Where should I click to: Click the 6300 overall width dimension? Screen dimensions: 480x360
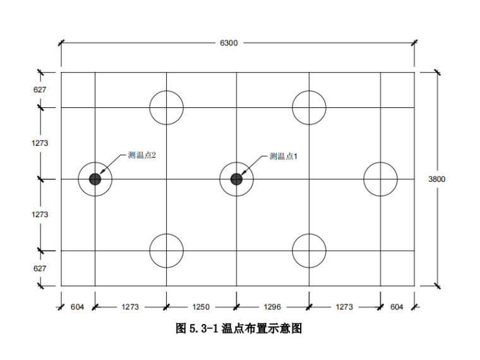click(x=229, y=43)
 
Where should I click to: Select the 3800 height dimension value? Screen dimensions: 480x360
click(x=436, y=179)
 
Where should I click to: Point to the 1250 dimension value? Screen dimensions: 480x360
click(x=201, y=307)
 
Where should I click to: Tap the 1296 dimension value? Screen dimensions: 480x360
click(x=272, y=307)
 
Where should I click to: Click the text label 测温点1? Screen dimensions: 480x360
click(x=283, y=156)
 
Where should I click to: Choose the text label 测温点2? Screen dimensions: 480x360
click(x=141, y=155)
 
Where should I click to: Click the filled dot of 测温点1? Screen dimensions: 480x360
click(x=236, y=179)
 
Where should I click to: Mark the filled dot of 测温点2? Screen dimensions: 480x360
click(x=95, y=179)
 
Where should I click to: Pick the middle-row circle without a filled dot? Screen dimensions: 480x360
click(x=380, y=179)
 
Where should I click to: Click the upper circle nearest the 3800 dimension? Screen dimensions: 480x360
click(x=309, y=107)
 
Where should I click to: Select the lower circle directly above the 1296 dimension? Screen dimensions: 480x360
click(x=309, y=251)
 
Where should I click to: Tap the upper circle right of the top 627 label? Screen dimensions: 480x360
click(x=166, y=107)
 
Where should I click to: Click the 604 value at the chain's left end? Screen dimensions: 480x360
click(x=77, y=307)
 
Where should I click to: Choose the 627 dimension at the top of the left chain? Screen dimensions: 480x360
click(x=40, y=90)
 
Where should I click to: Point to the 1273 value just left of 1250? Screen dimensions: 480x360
click(x=129, y=307)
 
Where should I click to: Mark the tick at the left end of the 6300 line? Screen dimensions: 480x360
click(x=61, y=43)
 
